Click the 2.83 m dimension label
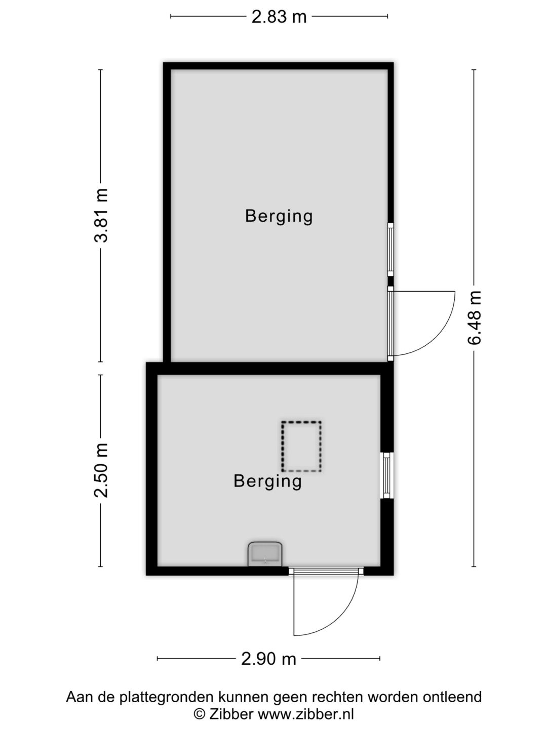tap(279, 17)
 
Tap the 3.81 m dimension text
tap(101, 215)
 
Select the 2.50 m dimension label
tap(101, 470)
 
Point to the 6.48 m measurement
tap(474, 318)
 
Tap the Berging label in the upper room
tap(279, 217)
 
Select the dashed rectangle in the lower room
tap(301, 447)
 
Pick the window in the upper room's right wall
tap(390, 250)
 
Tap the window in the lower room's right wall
tap(386, 475)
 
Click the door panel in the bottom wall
tap(326, 571)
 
